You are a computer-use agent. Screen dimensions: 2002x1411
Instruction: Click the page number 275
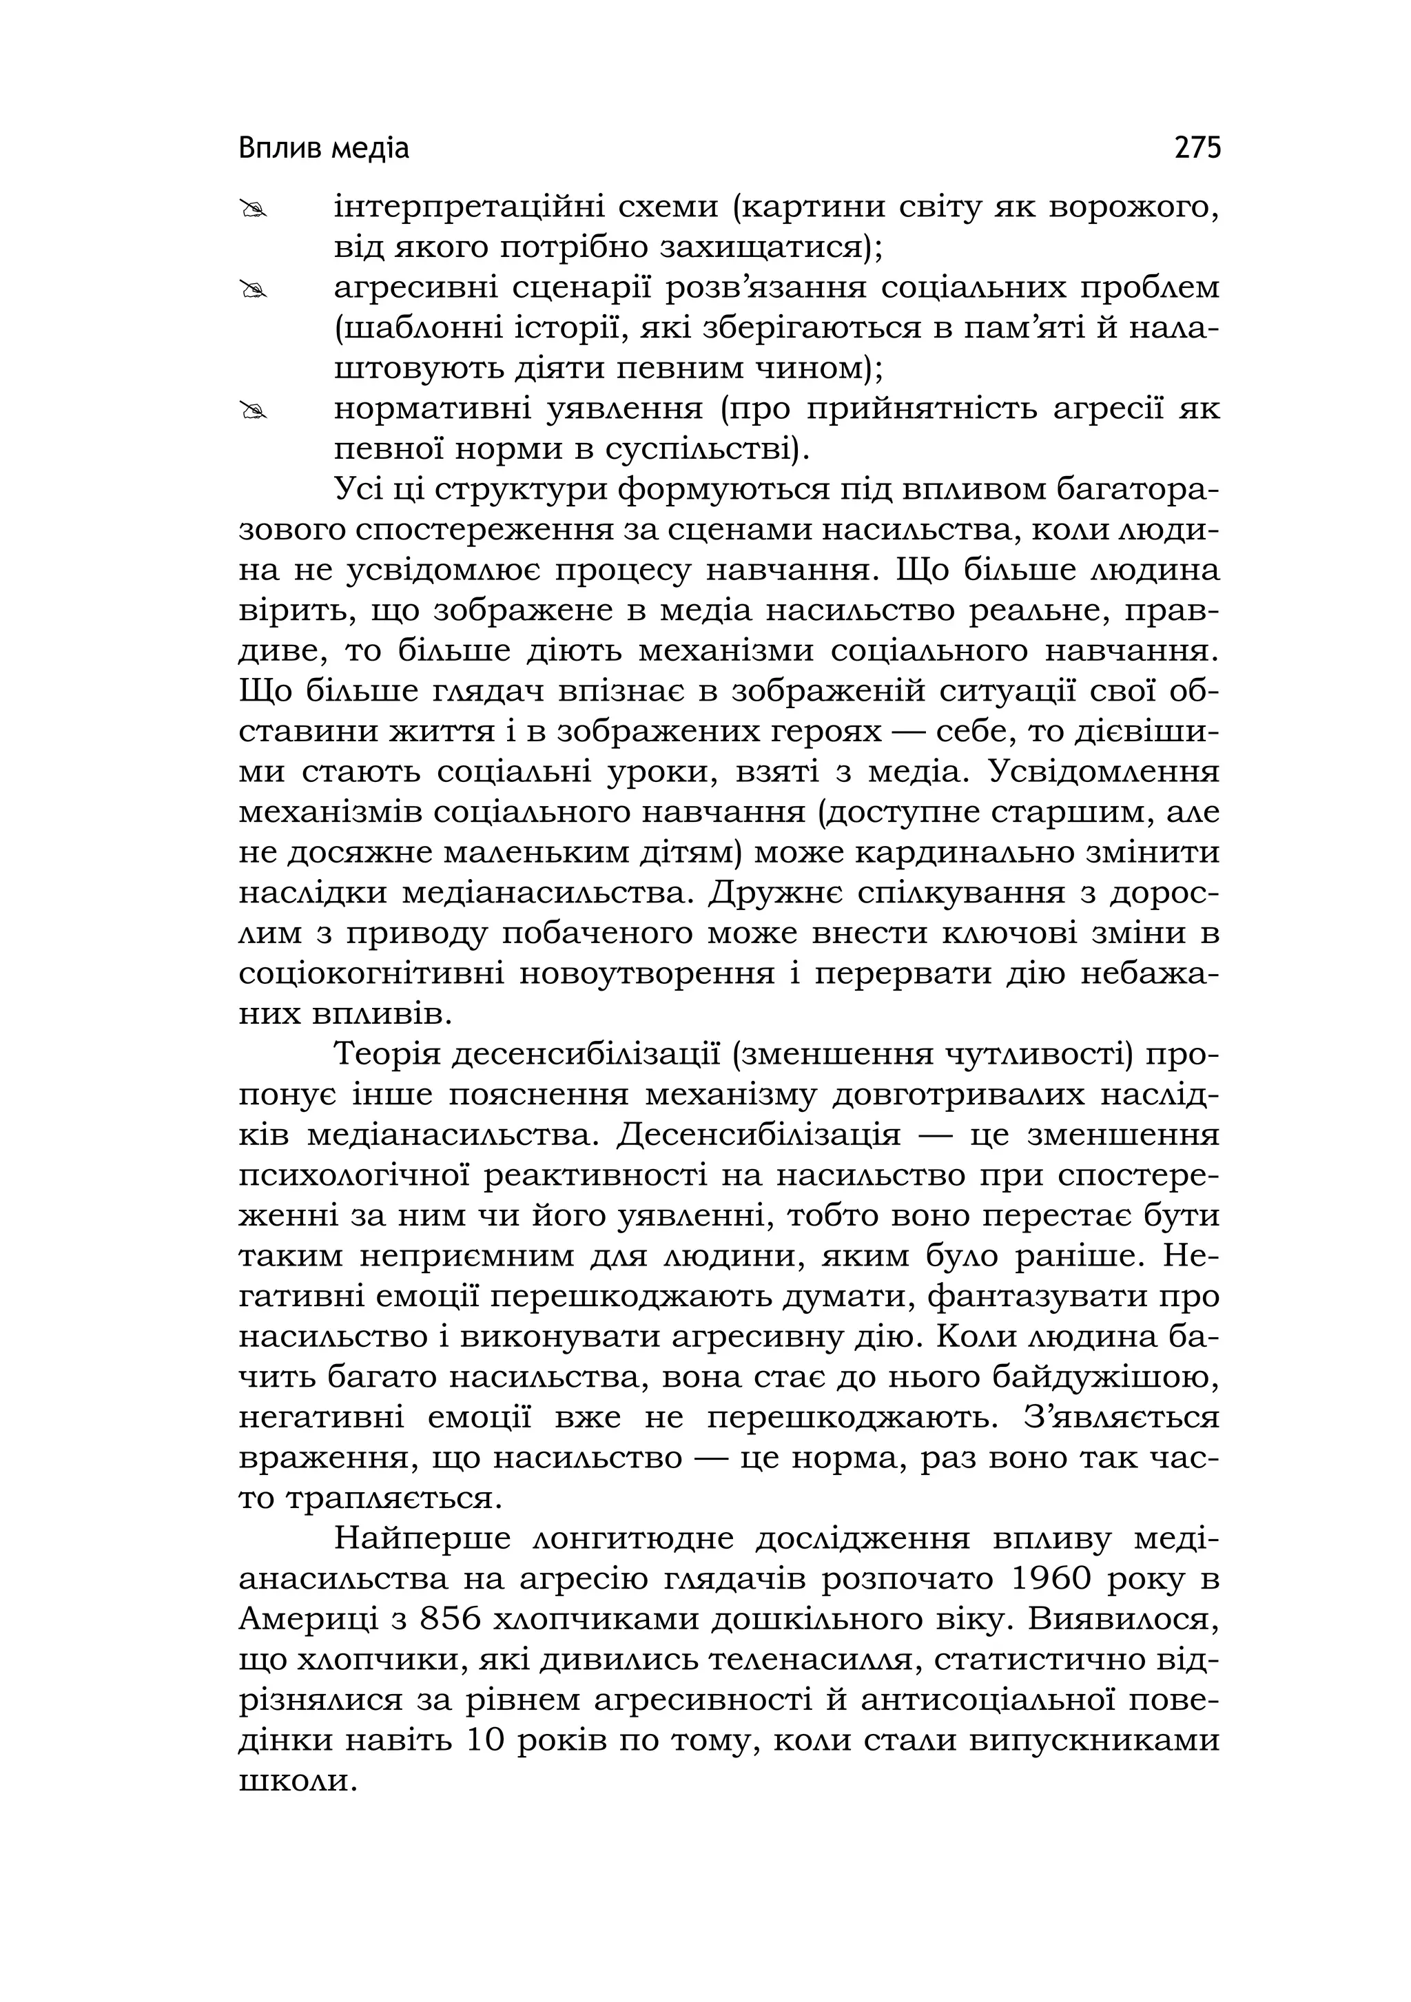[1197, 148]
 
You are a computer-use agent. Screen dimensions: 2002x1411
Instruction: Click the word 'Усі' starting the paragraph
[359, 491]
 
